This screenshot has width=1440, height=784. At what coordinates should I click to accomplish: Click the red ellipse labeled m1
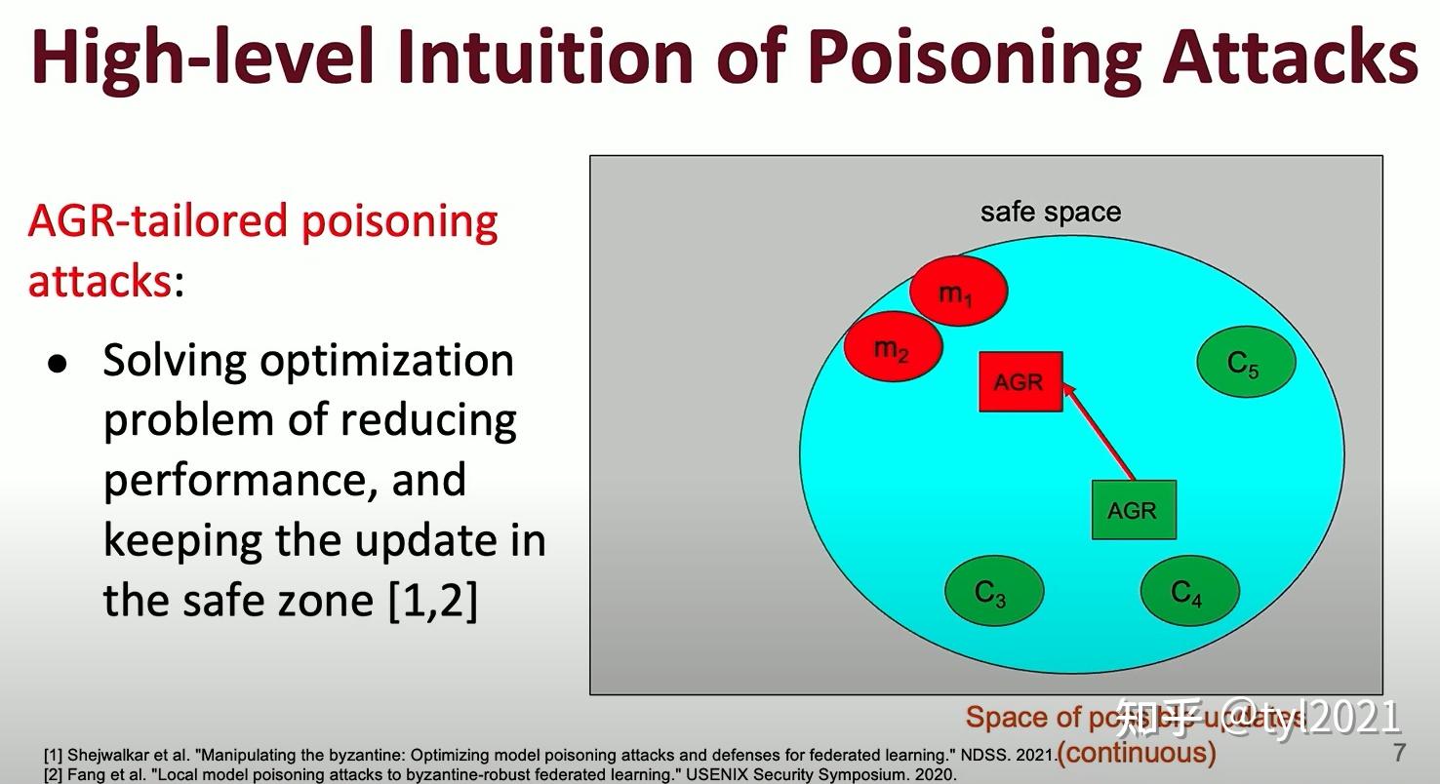[958, 292]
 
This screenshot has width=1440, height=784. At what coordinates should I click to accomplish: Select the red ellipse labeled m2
[893, 348]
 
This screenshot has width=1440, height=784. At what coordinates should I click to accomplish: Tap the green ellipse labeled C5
[1246, 363]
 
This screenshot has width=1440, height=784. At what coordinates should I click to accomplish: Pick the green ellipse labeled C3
[993, 591]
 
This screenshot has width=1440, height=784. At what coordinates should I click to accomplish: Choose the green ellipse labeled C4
[1189, 591]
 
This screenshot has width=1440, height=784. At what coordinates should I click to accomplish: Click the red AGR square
[1020, 381]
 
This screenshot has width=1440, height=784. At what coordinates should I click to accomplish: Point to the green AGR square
[1133, 510]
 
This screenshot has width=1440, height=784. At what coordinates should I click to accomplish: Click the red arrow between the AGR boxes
[1098, 429]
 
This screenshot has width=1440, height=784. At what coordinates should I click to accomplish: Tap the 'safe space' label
[1050, 212]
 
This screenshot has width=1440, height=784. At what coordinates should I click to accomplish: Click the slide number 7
[1399, 752]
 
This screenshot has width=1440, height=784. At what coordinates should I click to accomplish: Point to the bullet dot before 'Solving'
[59, 364]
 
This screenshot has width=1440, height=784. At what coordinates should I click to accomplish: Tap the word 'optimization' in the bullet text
[387, 362]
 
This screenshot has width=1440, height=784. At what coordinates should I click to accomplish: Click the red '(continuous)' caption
[1137, 753]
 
